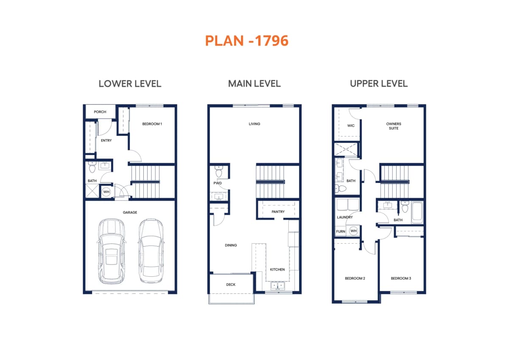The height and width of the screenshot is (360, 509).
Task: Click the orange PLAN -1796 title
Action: coord(247,41)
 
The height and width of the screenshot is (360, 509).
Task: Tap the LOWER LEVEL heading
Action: coord(130,84)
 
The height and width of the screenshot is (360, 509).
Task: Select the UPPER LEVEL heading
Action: coord(379,84)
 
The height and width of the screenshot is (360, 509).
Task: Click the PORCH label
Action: coord(100,112)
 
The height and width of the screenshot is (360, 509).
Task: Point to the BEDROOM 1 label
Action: coord(152,124)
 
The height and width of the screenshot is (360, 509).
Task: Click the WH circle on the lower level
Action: coord(106,192)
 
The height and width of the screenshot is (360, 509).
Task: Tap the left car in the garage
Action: coord(112,251)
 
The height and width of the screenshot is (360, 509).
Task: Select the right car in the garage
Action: coord(151,251)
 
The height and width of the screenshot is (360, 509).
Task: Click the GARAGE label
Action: coord(130,212)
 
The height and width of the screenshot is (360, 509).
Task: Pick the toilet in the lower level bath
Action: coord(92,167)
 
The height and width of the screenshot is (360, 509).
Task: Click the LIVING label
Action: coord(254,124)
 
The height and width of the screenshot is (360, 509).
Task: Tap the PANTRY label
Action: coord(278,212)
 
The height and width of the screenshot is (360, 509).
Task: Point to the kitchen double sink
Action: coord(277,285)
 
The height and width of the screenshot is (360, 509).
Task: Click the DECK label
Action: coord(231,284)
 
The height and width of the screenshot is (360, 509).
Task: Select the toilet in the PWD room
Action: coord(218,172)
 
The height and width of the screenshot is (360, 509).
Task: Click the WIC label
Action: coord(351,126)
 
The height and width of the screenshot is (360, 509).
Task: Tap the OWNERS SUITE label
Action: coord(394,126)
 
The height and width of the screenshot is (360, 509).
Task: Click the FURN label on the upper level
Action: coord(341,231)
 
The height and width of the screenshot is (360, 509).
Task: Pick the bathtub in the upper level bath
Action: coord(417,212)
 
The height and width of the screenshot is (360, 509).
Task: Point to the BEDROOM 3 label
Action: coord(401,278)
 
